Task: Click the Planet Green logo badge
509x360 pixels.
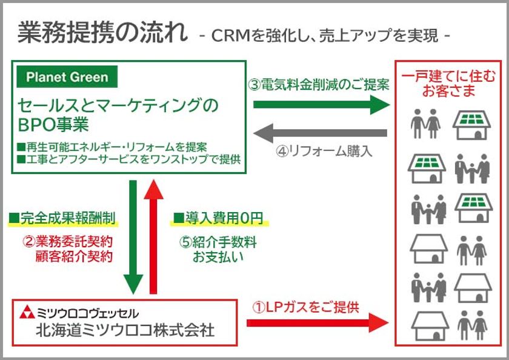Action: coord(67,77)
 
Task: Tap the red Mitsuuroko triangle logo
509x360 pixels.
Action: coord(27,312)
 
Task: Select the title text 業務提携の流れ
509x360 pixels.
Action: coord(102,33)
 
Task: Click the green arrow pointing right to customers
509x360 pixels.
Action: coord(321,104)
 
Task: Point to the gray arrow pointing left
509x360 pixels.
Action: coord(320,133)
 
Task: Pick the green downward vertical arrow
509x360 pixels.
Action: coord(133,237)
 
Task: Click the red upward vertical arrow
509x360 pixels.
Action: coord(153,237)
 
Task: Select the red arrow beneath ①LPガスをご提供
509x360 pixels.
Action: coord(318,322)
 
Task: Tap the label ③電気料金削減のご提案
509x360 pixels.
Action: coord(319,85)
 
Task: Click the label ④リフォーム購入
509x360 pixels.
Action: coord(324,152)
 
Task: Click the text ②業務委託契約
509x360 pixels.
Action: coord(68,241)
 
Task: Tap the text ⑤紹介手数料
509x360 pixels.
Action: coord(218,242)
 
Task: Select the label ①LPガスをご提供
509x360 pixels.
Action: coord(305,307)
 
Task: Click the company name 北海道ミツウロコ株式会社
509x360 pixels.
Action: coord(125,330)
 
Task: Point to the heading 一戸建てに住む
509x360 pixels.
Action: coord(448,76)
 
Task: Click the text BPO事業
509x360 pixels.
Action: coord(53,124)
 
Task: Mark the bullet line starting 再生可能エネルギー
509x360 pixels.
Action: coord(112,147)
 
